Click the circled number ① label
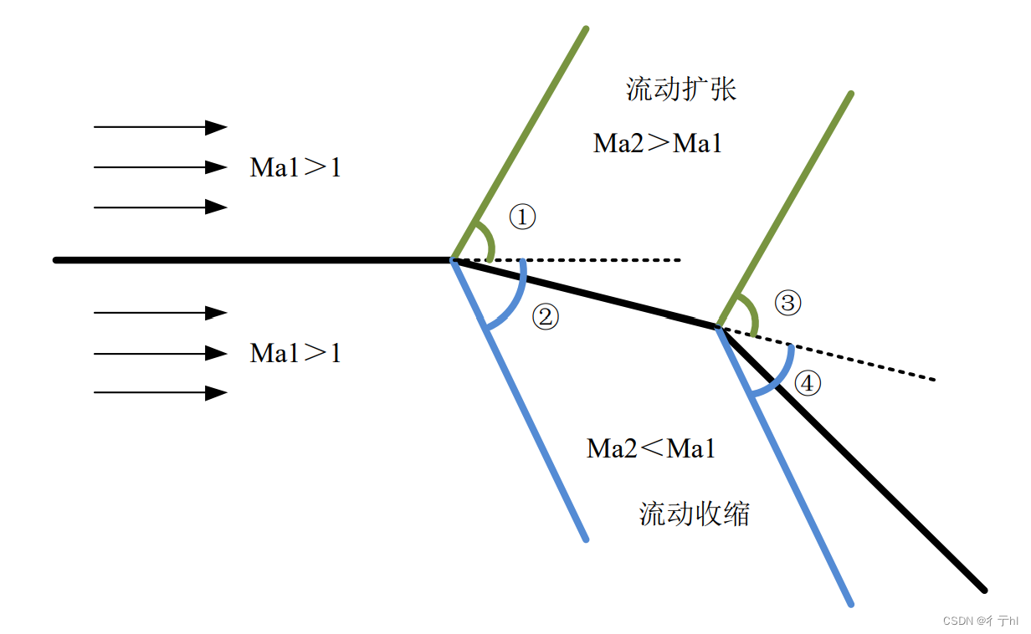point(522,217)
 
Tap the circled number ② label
point(545,317)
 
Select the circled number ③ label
point(787,303)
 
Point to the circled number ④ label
point(808,384)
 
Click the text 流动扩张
point(681,89)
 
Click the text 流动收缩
point(695,514)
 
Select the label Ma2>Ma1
point(658,144)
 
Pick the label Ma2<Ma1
point(652,449)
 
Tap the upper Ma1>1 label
point(295,168)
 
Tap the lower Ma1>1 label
point(295,353)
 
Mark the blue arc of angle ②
point(513,304)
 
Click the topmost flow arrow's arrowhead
point(217,127)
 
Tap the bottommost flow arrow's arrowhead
point(217,393)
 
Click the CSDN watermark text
point(980,621)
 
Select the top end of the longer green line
point(586,29)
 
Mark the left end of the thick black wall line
point(56,260)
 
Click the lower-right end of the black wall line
point(984,590)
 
